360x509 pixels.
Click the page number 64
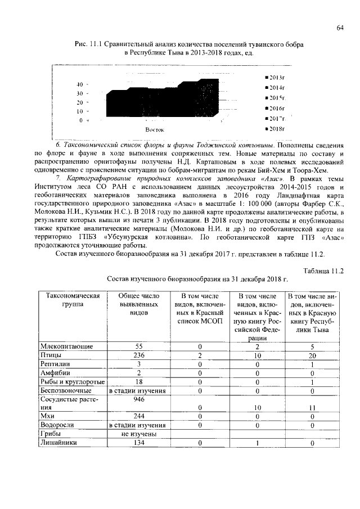pos(340,28)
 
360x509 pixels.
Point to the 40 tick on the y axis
pos(80,84)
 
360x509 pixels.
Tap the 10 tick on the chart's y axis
pos(80,111)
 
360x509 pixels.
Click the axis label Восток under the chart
pos(155,129)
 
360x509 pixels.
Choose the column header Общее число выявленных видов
pos(135,304)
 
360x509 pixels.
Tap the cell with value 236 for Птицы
pos(135,356)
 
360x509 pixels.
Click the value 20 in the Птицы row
pos(312,356)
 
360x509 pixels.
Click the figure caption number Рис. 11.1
pos(91,44)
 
